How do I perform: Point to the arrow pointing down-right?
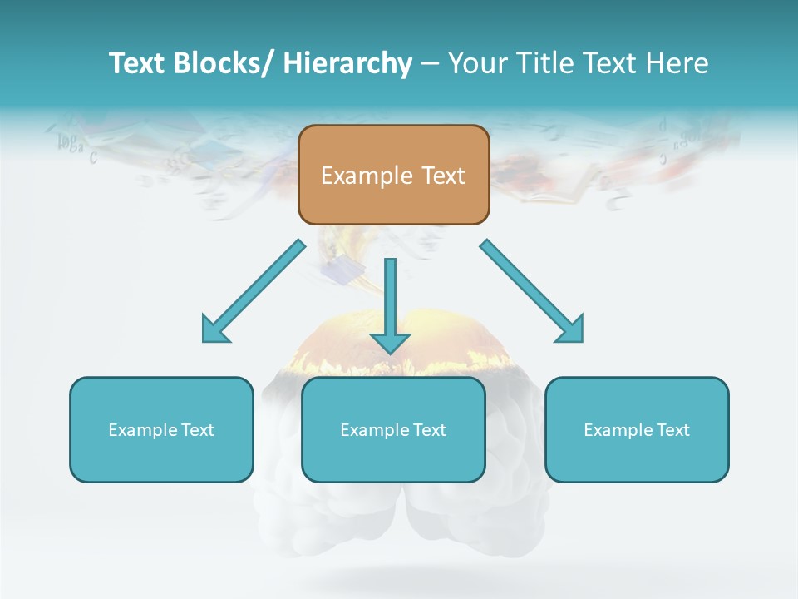[528, 287]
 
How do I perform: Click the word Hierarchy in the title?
[347, 63]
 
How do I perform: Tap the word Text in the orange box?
[443, 176]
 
